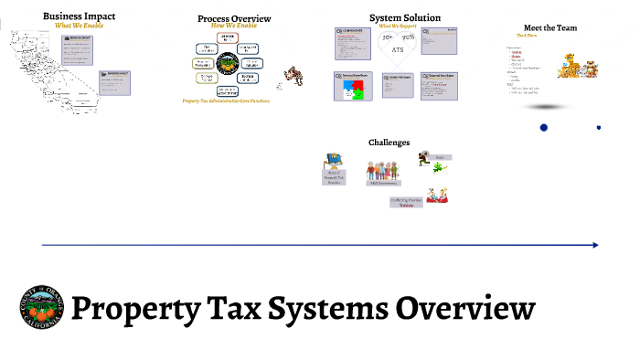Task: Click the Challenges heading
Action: pyautogui.click(x=389, y=143)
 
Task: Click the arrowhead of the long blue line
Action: pyautogui.click(x=595, y=245)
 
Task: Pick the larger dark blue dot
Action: pyautogui.click(x=544, y=127)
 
